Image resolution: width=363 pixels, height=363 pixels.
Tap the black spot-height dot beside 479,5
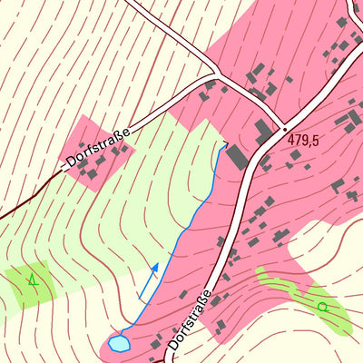pos(283,128)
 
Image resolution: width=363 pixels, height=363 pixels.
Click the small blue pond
pos(119,343)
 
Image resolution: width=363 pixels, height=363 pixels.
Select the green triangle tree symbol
pos(34,280)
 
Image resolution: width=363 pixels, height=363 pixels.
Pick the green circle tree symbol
pos(321,307)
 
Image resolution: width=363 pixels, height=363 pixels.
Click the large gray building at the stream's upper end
pos(236,155)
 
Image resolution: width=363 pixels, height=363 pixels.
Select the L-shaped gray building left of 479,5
pos(264,132)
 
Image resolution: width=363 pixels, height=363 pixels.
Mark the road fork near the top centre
pos(217,71)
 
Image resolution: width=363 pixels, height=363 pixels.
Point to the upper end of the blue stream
pos(225,142)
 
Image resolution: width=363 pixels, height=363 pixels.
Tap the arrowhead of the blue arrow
pos(156,266)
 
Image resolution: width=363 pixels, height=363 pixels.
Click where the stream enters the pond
pos(126,335)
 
